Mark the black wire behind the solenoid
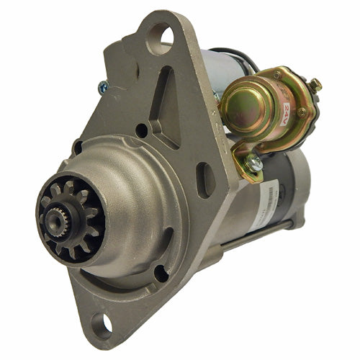point(241,61)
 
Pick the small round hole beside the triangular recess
point(142,130)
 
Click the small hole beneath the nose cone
point(161,273)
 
